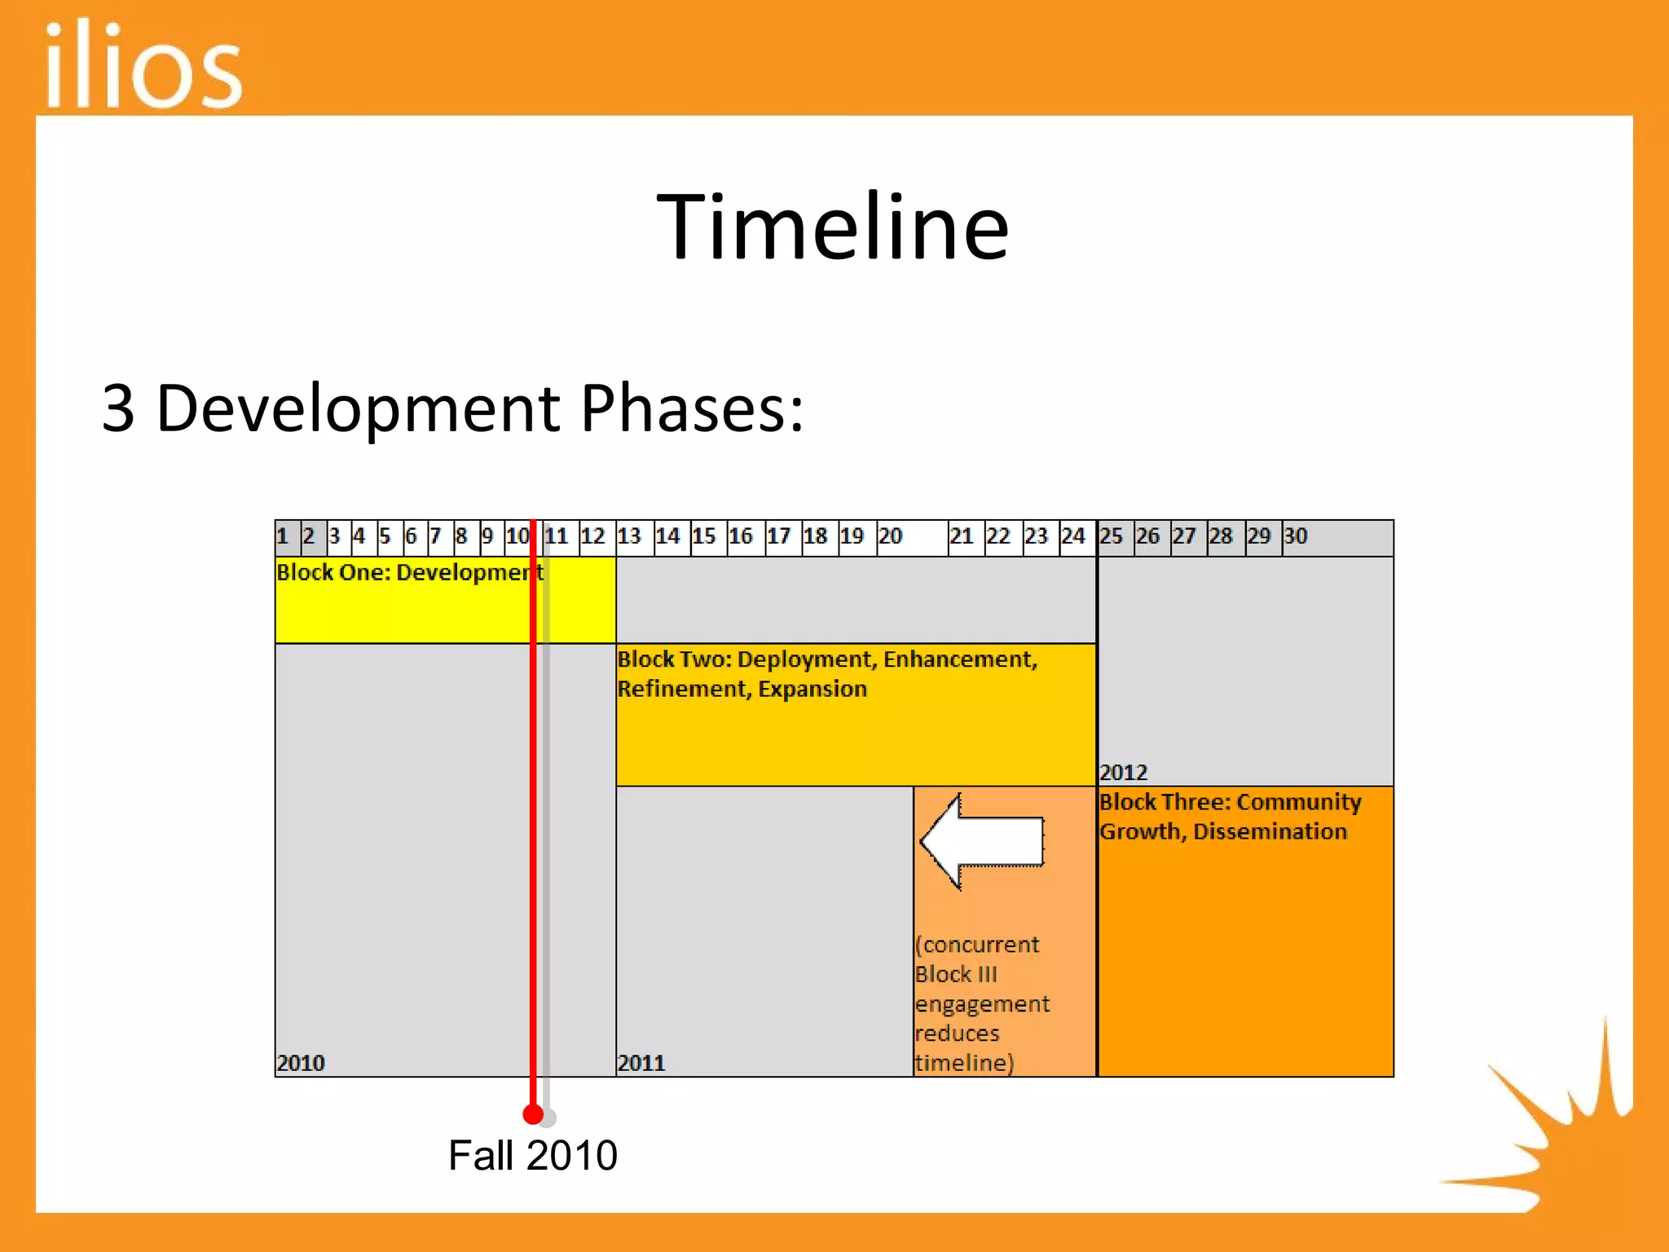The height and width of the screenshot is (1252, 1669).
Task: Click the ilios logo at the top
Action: tap(143, 65)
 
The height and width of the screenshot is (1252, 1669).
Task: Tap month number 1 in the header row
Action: tap(283, 536)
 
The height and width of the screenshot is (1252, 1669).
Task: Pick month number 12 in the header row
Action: tap(592, 536)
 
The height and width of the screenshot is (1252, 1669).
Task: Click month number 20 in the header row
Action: tap(890, 536)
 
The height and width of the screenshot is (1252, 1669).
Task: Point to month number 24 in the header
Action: tap(1073, 536)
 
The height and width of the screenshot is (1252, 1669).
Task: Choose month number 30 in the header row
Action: tap(1296, 536)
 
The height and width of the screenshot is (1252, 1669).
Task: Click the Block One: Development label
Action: tap(407, 572)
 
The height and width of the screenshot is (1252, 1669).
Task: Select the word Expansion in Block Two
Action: tap(812, 689)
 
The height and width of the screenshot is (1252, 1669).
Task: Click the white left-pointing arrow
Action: tap(981, 841)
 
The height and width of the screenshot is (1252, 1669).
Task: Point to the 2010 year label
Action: tap(301, 1063)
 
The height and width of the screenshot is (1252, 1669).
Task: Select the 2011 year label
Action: tap(641, 1063)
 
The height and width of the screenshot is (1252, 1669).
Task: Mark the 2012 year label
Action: tap(1123, 772)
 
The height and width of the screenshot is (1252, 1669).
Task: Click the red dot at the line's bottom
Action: tap(533, 1114)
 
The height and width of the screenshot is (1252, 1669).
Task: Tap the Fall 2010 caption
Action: tap(533, 1155)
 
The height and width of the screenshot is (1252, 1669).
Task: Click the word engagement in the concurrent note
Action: tap(982, 1004)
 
